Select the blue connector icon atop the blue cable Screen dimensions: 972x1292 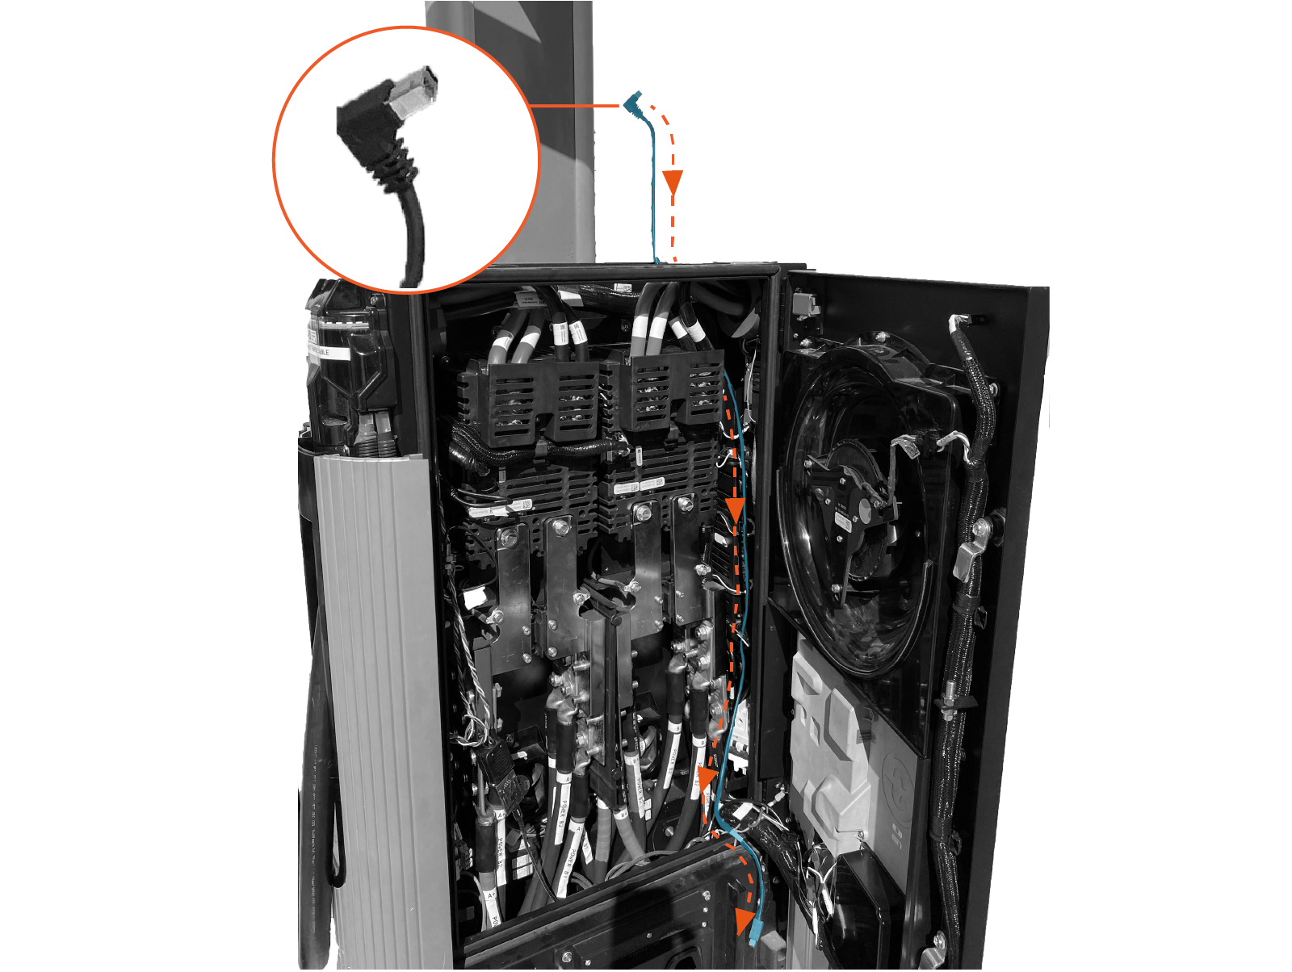(x=631, y=101)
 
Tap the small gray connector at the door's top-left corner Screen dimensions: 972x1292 (x=805, y=305)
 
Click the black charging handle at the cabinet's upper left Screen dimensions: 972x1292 (x=347, y=363)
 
